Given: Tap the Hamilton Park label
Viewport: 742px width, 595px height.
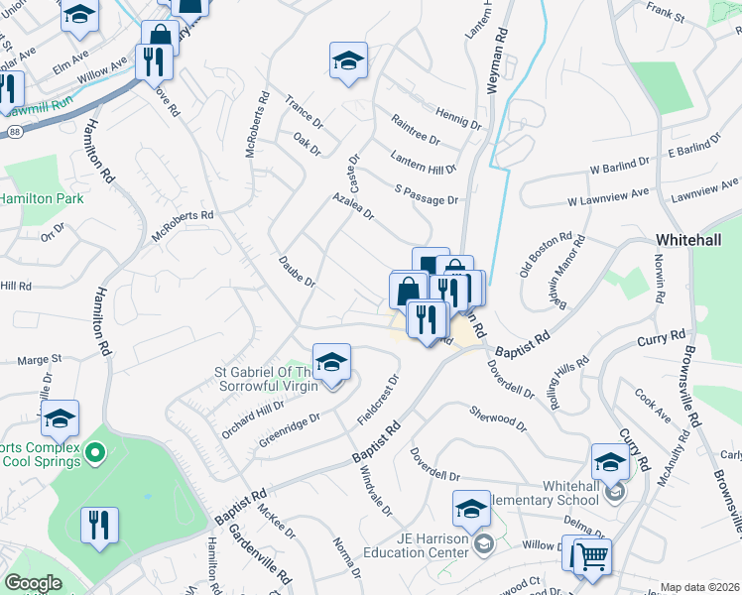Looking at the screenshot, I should click(x=41, y=198).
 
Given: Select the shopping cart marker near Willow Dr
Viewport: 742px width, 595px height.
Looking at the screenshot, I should click(x=590, y=557).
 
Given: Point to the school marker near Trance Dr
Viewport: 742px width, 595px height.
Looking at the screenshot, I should click(x=348, y=60).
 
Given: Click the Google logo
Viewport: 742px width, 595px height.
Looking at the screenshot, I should click(x=33, y=583).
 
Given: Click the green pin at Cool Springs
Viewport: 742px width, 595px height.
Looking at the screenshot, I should click(x=95, y=454).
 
